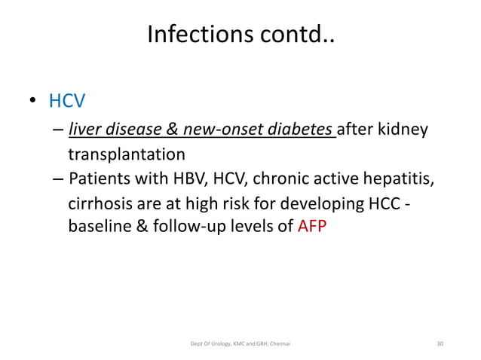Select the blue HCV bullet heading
click(66, 100)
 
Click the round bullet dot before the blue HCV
click(34, 102)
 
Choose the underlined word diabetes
click(303, 131)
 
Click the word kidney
click(403, 131)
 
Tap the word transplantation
click(126, 155)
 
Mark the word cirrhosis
click(100, 203)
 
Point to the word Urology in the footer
click(215, 343)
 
